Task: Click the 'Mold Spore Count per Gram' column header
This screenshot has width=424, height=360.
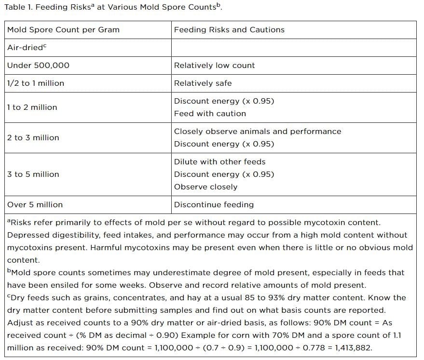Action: point(63,30)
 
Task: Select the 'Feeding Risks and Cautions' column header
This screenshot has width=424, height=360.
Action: point(229,30)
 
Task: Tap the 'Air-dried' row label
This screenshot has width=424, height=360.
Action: point(30,48)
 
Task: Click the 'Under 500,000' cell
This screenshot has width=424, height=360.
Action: point(38,66)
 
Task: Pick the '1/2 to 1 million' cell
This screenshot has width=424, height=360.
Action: point(35,83)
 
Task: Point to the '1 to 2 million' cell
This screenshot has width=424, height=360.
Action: point(32,107)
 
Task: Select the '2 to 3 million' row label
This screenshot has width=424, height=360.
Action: point(33,138)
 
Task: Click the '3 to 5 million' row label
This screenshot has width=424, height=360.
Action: point(33,174)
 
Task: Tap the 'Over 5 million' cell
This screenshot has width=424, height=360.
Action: point(35,205)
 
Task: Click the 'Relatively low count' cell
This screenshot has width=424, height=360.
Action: point(214,66)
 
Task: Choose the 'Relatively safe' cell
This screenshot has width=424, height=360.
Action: point(203,83)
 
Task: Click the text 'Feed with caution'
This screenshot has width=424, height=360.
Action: point(210,114)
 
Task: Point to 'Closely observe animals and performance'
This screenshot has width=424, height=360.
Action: point(257,132)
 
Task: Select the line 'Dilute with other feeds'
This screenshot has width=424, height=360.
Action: point(219,162)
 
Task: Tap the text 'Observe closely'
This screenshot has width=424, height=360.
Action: point(205,187)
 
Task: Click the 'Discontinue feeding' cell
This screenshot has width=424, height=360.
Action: point(214,205)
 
